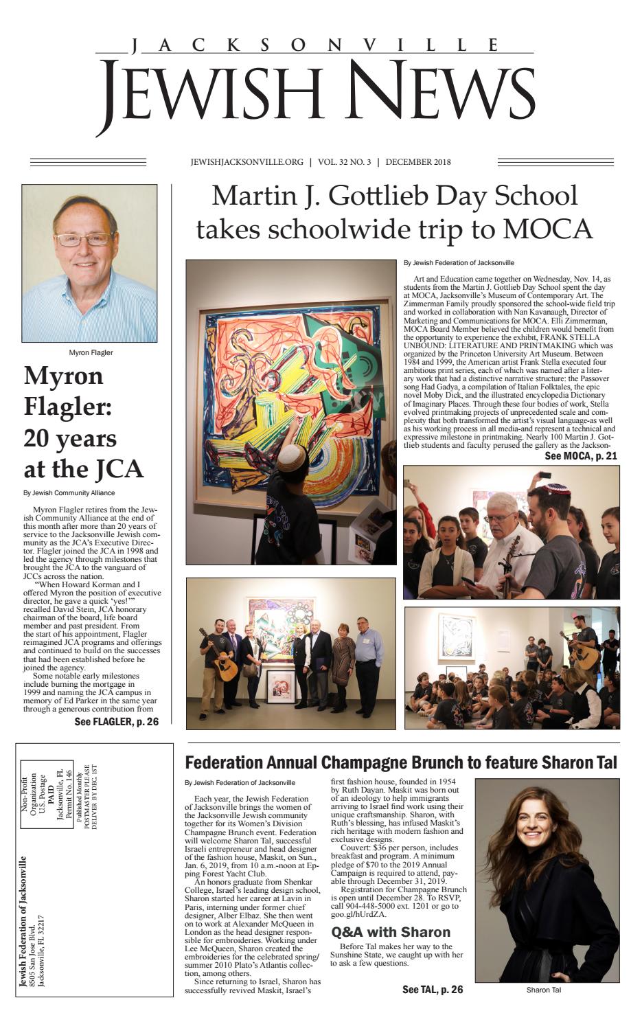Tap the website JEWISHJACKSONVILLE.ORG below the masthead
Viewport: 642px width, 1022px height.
tap(247, 163)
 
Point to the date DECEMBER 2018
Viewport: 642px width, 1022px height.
tap(418, 163)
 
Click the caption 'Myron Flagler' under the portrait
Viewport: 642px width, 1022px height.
tap(91, 353)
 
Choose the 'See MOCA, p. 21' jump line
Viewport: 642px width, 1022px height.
tap(581, 455)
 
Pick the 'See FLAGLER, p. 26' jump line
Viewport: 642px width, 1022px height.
tap(116, 722)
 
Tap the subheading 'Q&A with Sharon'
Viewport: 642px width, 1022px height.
tap(391, 932)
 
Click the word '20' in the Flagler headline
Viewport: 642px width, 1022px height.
tap(42, 439)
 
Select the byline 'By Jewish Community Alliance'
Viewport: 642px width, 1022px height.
tap(69, 492)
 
